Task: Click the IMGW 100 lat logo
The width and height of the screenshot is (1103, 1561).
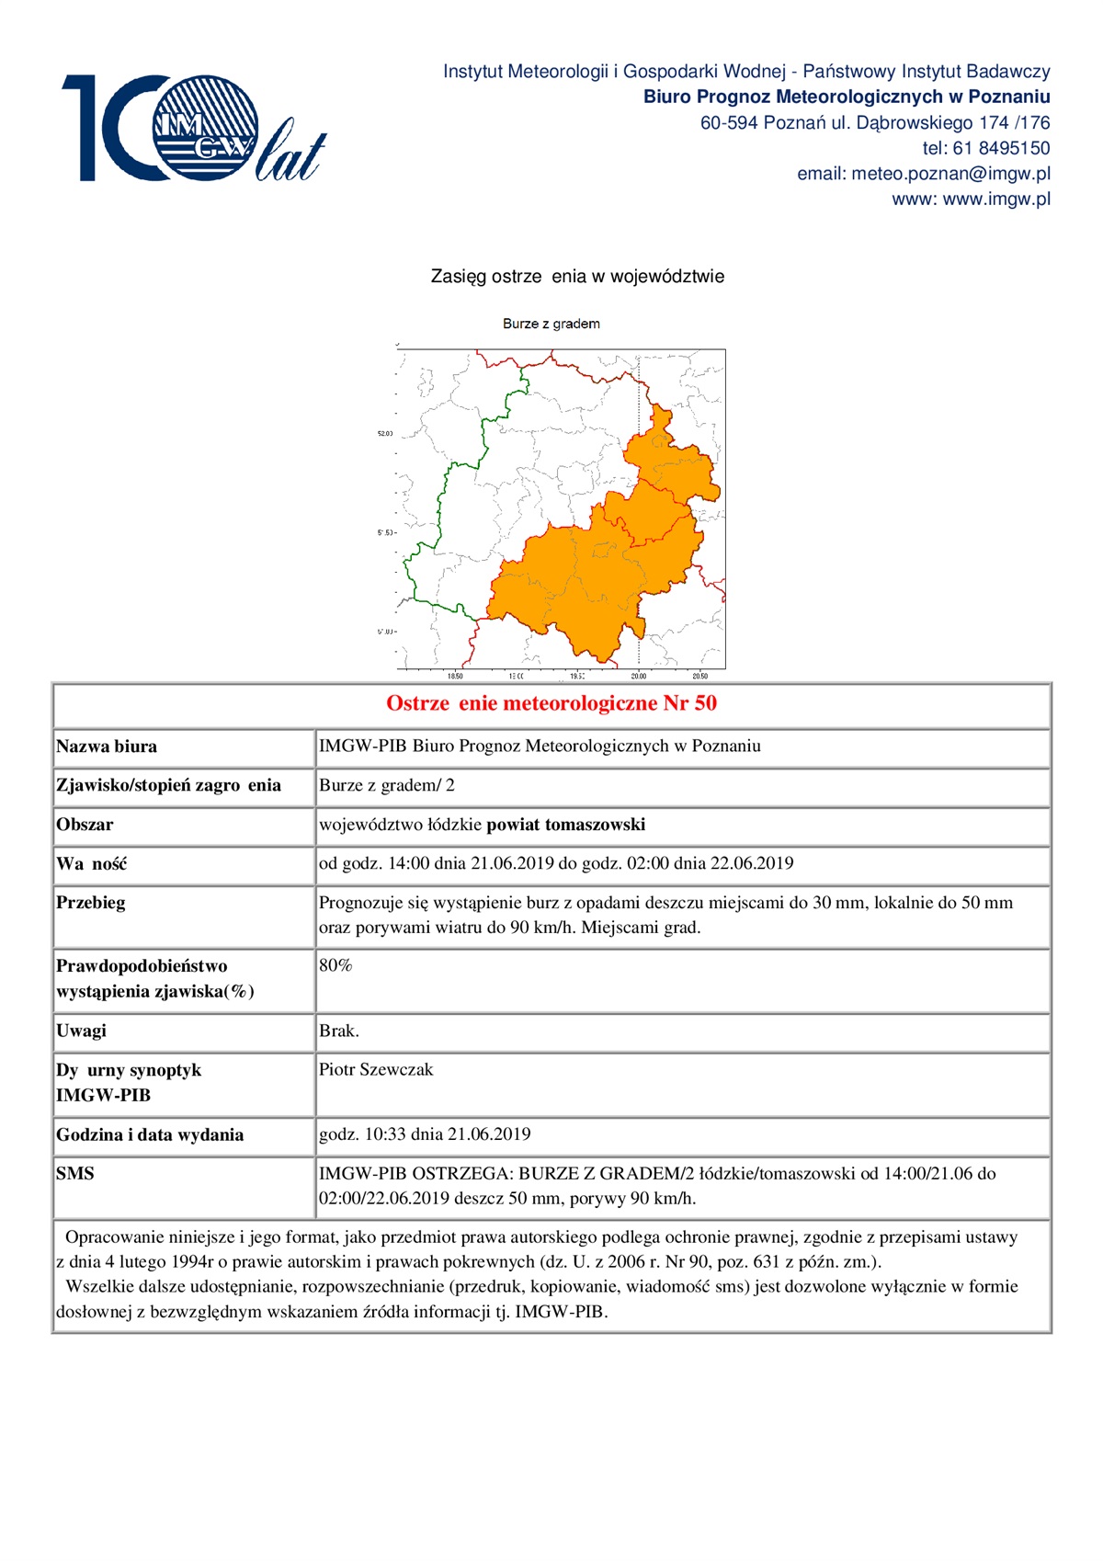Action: [193, 130]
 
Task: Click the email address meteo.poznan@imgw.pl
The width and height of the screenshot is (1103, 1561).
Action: [950, 174]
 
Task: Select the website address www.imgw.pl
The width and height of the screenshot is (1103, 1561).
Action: [996, 199]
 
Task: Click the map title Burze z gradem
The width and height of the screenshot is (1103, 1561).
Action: [551, 324]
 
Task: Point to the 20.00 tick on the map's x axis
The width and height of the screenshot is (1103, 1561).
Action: [638, 676]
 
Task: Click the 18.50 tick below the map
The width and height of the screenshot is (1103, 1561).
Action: [455, 676]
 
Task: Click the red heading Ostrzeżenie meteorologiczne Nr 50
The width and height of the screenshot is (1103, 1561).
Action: [551, 704]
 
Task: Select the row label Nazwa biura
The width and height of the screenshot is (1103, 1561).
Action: [107, 746]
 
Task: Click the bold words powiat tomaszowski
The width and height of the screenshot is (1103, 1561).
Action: [565, 825]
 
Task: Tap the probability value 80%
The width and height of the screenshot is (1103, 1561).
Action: [335, 965]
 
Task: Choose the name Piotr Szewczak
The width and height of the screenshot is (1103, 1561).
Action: [375, 1069]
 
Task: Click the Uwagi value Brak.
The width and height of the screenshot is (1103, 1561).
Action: [338, 1031]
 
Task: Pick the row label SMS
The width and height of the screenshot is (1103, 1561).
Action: [75, 1173]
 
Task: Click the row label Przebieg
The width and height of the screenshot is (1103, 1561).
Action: [91, 903]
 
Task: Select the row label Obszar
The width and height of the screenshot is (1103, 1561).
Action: [85, 825]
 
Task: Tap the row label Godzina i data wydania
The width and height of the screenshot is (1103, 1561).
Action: [150, 1134]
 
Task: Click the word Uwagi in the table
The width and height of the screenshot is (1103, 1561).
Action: [81, 1031]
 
